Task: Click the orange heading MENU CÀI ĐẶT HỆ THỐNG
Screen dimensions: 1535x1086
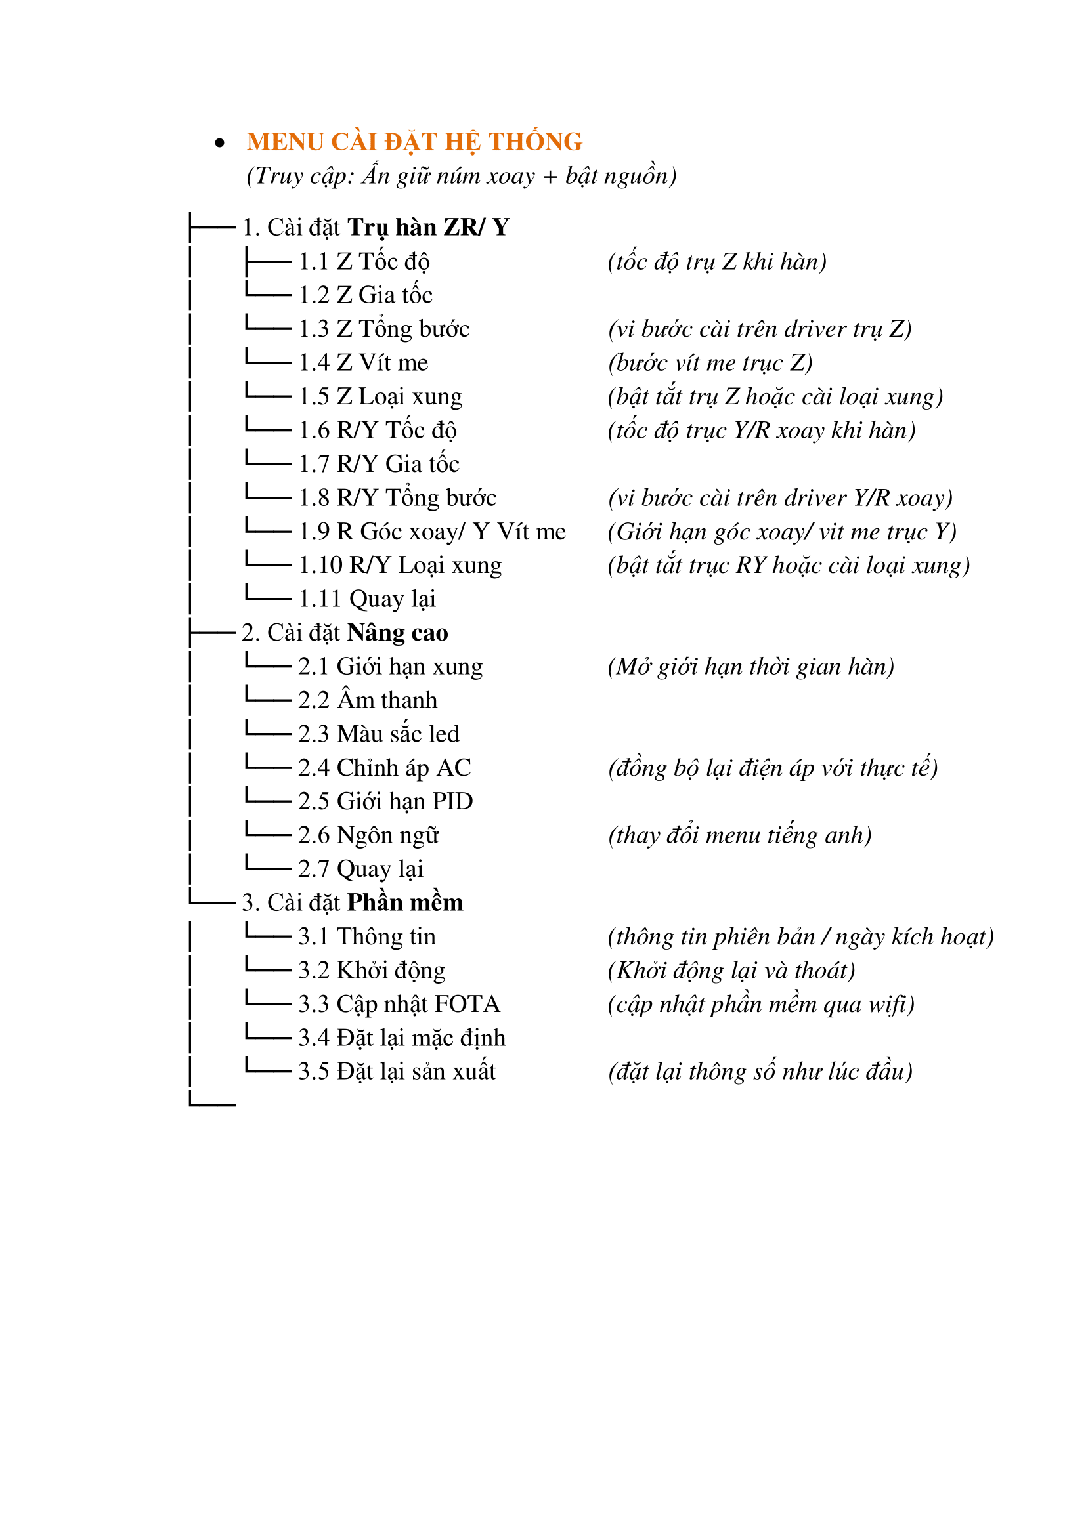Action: [x=414, y=142]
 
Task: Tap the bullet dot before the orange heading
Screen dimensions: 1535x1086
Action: [x=219, y=143]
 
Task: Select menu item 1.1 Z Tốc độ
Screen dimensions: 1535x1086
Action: [x=364, y=262]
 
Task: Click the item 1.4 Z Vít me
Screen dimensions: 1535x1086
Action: [x=363, y=363]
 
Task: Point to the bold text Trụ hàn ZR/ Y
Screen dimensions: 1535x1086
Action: [x=428, y=228]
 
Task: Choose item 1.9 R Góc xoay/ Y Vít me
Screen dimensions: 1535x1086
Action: [x=432, y=532]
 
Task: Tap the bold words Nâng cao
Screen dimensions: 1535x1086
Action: [x=398, y=633]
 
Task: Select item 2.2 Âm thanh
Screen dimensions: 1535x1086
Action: [x=367, y=701]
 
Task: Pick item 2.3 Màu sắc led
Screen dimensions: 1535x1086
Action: [x=378, y=734]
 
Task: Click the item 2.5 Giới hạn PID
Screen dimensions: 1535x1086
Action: [x=385, y=801]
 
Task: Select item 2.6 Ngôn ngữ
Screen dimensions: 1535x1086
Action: [x=368, y=835]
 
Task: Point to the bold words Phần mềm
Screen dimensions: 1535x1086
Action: [x=404, y=903]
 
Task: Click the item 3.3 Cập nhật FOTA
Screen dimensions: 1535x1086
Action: [x=399, y=1004]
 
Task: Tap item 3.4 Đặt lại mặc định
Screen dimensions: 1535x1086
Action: [x=401, y=1038]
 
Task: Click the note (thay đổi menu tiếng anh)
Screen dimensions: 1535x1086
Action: [x=739, y=835]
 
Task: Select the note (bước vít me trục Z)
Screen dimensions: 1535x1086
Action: [x=710, y=363]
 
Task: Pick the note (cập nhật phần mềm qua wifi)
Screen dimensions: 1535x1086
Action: [x=761, y=1004]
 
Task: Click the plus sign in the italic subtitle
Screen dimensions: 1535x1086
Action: [x=550, y=177]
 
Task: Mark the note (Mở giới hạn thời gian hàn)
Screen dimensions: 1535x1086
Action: [x=751, y=667]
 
